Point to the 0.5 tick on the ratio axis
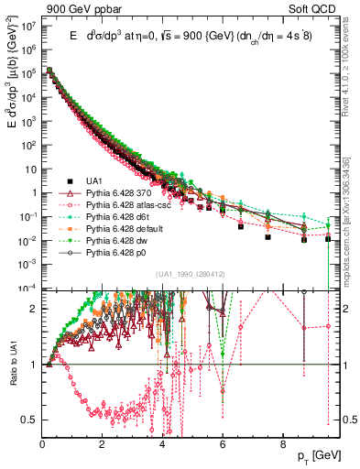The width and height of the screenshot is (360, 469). pos(29,420)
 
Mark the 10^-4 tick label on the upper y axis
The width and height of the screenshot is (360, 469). pos(27,287)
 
